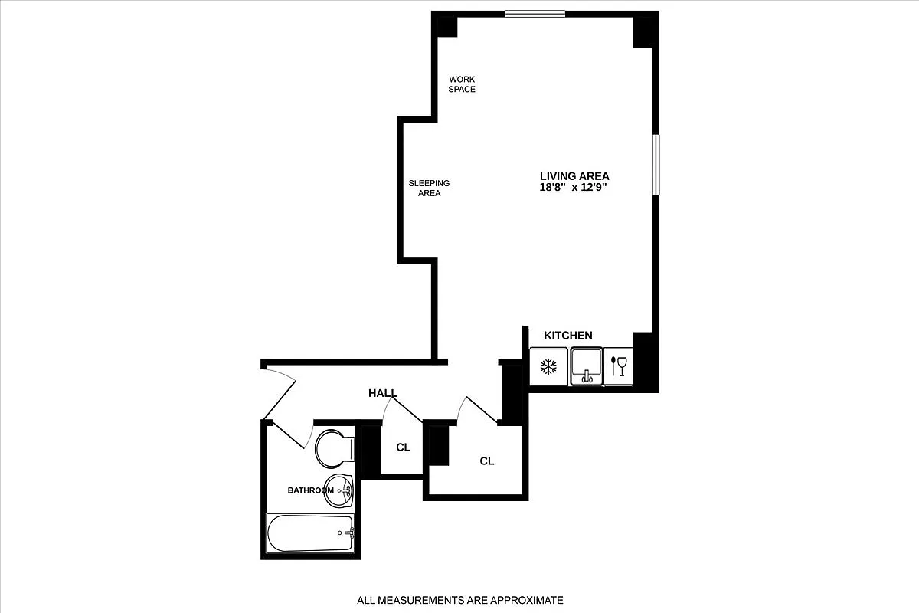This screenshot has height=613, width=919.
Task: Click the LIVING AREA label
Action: click(574, 176)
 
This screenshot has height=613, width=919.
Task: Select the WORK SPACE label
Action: click(462, 84)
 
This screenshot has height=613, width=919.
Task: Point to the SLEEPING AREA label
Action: click(429, 188)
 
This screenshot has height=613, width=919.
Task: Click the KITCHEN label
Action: click(568, 336)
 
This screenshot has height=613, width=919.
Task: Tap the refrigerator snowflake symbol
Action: click(548, 367)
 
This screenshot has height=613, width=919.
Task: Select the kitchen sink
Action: click(586, 366)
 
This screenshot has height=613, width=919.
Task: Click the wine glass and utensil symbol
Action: click(619, 366)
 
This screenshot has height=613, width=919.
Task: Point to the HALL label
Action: click(383, 393)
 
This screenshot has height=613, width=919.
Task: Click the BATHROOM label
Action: click(310, 490)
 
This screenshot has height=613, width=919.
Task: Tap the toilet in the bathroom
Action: click(334, 448)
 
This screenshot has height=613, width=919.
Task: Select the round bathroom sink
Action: click(337, 491)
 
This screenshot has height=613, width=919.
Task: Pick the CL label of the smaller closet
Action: click(404, 447)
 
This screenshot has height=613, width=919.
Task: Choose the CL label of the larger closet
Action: click(487, 461)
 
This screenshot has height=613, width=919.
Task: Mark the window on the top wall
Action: click(535, 14)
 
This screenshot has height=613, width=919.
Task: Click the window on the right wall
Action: click(656, 165)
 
